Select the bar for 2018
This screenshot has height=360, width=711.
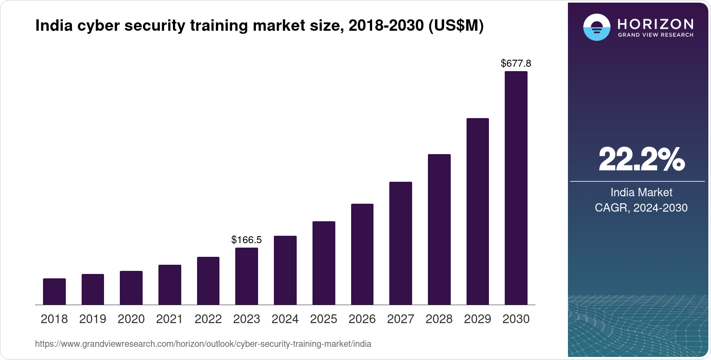point(54,292)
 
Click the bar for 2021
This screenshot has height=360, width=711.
point(170,284)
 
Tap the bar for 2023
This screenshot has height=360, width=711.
point(247,276)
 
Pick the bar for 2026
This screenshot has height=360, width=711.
point(362,254)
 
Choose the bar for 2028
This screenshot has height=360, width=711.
point(439,229)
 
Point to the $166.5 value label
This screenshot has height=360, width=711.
point(247,240)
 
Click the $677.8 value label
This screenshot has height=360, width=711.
point(516,63)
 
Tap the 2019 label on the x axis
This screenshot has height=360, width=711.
point(93,319)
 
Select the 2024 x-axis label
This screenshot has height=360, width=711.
point(285,319)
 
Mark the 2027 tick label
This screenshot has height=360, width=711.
point(401,319)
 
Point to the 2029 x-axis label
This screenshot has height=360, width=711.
point(478,319)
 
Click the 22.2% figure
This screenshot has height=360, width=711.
point(641,159)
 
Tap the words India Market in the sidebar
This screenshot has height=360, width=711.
point(641,192)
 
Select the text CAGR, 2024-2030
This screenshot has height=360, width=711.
point(641,208)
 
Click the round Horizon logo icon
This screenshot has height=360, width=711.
point(596,27)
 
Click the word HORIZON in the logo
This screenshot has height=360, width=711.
point(655,24)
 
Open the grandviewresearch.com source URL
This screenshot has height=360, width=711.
point(203,344)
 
